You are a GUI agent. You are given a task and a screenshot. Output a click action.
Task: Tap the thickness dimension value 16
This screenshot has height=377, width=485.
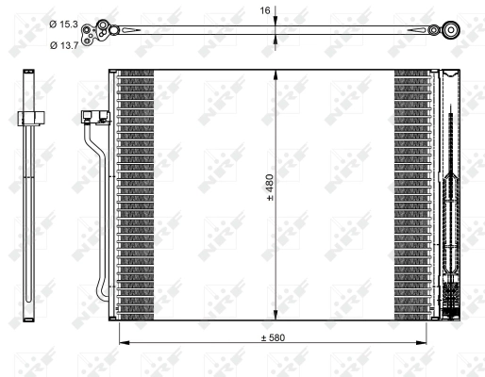coord(265,11)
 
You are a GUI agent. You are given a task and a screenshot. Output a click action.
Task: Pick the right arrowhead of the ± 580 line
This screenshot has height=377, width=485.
coord(428,343)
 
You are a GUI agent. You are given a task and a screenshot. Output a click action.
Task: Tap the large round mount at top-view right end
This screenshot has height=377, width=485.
coord(450,31)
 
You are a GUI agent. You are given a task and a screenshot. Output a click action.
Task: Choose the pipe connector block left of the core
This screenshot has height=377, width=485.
coord(92,119)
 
